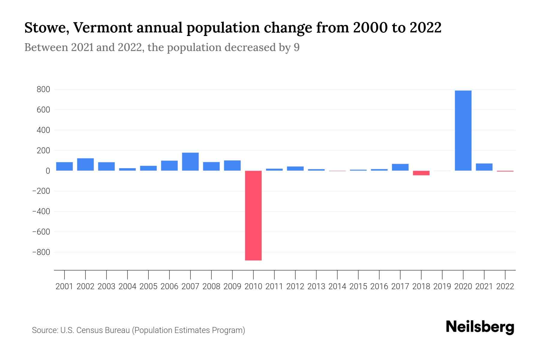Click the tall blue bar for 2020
[x=463, y=130]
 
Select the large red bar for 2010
[x=253, y=215]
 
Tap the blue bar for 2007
[x=190, y=162]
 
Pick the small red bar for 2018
[x=421, y=173]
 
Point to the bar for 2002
[x=85, y=164]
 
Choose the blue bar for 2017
[x=400, y=167]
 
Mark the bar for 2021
[x=484, y=167]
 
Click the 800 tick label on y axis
[x=43, y=89]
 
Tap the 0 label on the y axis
[x=47, y=171]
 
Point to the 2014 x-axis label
[x=337, y=286]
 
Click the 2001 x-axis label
[x=64, y=286]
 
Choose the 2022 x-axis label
[x=505, y=286]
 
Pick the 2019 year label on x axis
[x=442, y=286]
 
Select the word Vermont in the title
[x=102, y=28]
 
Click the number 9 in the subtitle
[x=296, y=47]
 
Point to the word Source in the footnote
[x=44, y=330]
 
